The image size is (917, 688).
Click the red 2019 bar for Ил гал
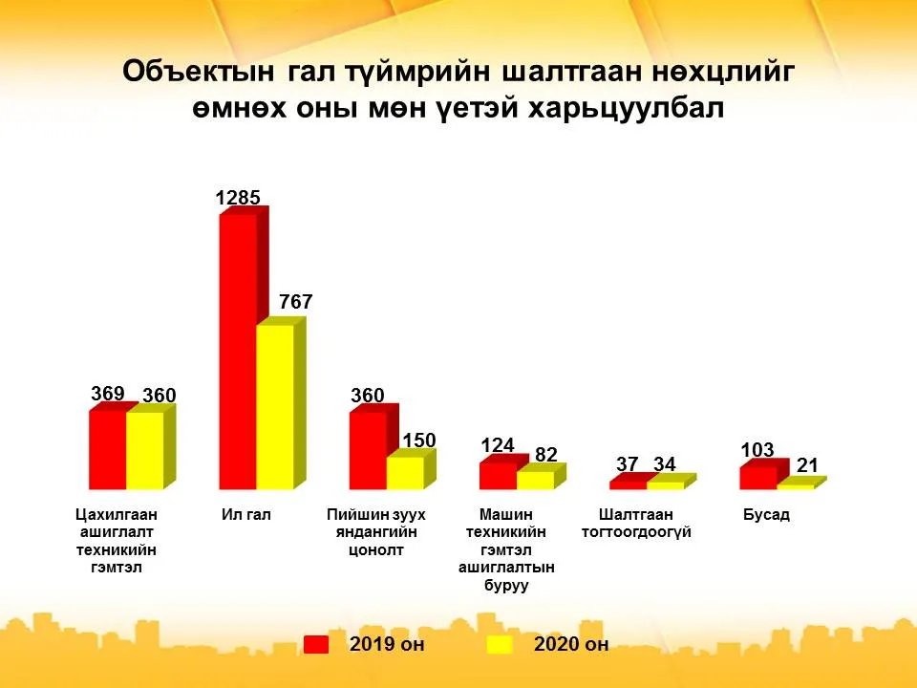coord(238,351)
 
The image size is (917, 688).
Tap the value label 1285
coord(238,198)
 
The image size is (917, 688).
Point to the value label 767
coord(296,302)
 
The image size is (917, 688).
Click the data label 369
coord(108,393)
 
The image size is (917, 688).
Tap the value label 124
coord(497,446)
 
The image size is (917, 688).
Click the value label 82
coord(546,455)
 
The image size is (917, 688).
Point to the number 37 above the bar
coord(627,464)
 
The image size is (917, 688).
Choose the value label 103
coord(757,450)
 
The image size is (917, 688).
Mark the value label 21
coord(807,465)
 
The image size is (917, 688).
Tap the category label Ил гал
coord(246,515)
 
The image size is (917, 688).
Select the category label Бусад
coord(766,515)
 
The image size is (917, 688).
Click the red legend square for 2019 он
coord(316,644)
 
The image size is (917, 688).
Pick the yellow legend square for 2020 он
coord(500,644)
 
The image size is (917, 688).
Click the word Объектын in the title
coord(199,72)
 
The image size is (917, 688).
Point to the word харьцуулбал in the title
coord(626,109)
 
